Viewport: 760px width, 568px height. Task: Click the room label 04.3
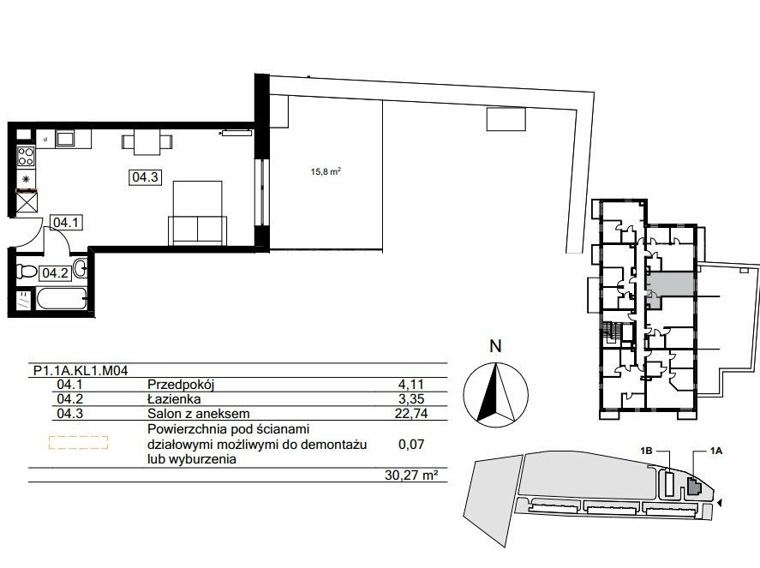(146, 176)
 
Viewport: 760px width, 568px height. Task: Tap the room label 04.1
(65, 223)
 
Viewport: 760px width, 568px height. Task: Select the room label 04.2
(55, 272)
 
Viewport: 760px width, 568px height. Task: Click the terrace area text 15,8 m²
(326, 171)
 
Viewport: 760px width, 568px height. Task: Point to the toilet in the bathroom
(27, 271)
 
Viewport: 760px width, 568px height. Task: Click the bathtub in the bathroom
(62, 298)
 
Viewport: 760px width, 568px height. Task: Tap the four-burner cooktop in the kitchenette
(26, 157)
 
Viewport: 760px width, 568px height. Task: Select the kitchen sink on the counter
(64, 139)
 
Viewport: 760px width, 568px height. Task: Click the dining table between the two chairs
(147, 141)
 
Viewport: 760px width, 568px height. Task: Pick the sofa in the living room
(198, 230)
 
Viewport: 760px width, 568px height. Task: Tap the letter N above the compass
(495, 346)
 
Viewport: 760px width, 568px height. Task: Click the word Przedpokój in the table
(181, 385)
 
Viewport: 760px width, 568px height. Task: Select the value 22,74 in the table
(411, 414)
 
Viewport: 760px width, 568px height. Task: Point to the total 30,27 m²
(408, 475)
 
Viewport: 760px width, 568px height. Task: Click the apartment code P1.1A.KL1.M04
(81, 371)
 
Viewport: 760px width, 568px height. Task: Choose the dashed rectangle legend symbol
(79, 442)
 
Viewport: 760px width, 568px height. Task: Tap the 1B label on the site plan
(646, 451)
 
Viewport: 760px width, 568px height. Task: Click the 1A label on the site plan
(716, 451)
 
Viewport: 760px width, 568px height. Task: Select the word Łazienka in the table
(174, 399)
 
